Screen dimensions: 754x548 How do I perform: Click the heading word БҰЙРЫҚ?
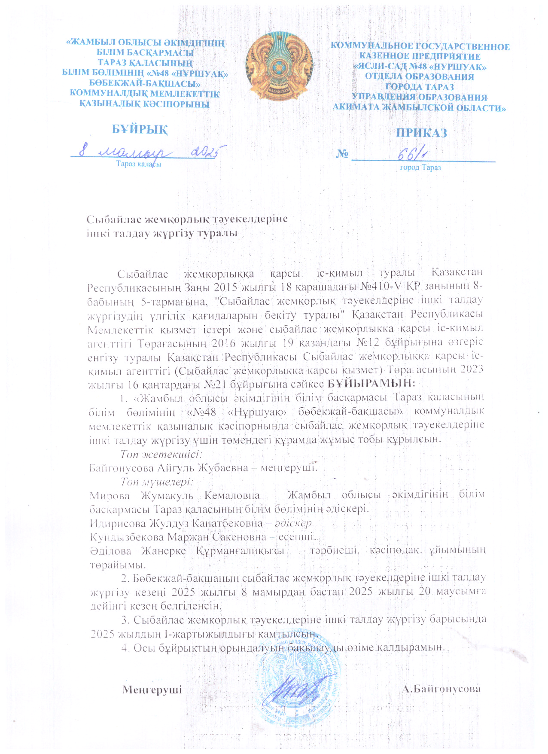pyautogui.click(x=140, y=129)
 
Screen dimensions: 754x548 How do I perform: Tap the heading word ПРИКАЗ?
pyautogui.click(x=421, y=133)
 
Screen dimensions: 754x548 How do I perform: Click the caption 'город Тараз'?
pyautogui.click(x=420, y=168)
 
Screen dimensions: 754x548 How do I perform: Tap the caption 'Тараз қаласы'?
pyautogui.click(x=139, y=164)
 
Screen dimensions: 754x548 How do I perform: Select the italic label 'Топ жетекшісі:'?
pyautogui.click(x=161, y=454)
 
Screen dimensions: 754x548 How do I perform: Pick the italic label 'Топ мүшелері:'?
pyautogui.click(x=157, y=482)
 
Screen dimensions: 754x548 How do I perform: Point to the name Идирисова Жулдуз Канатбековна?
pyautogui.click(x=176, y=523)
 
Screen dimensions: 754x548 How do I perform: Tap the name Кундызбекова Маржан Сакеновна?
pyautogui.click(x=176, y=537)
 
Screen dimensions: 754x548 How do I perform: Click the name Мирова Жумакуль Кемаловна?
pyautogui.click(x=174, y=495)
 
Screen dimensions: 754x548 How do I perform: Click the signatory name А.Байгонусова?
pyautogui.click(x=441, y=689)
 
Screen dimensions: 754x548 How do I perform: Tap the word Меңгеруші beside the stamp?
pyautogui.click(x=152, y=690)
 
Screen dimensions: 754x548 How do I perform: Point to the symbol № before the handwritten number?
pyautogui.click(x=342, y=153)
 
